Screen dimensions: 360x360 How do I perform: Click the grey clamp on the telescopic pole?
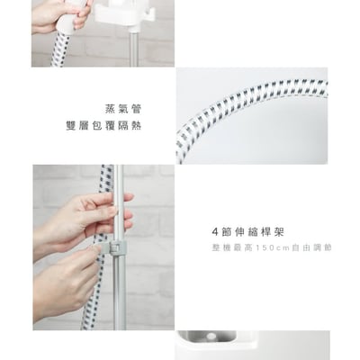(x=114, y=244)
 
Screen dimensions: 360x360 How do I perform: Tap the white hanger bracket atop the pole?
(x=116, y=13)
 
